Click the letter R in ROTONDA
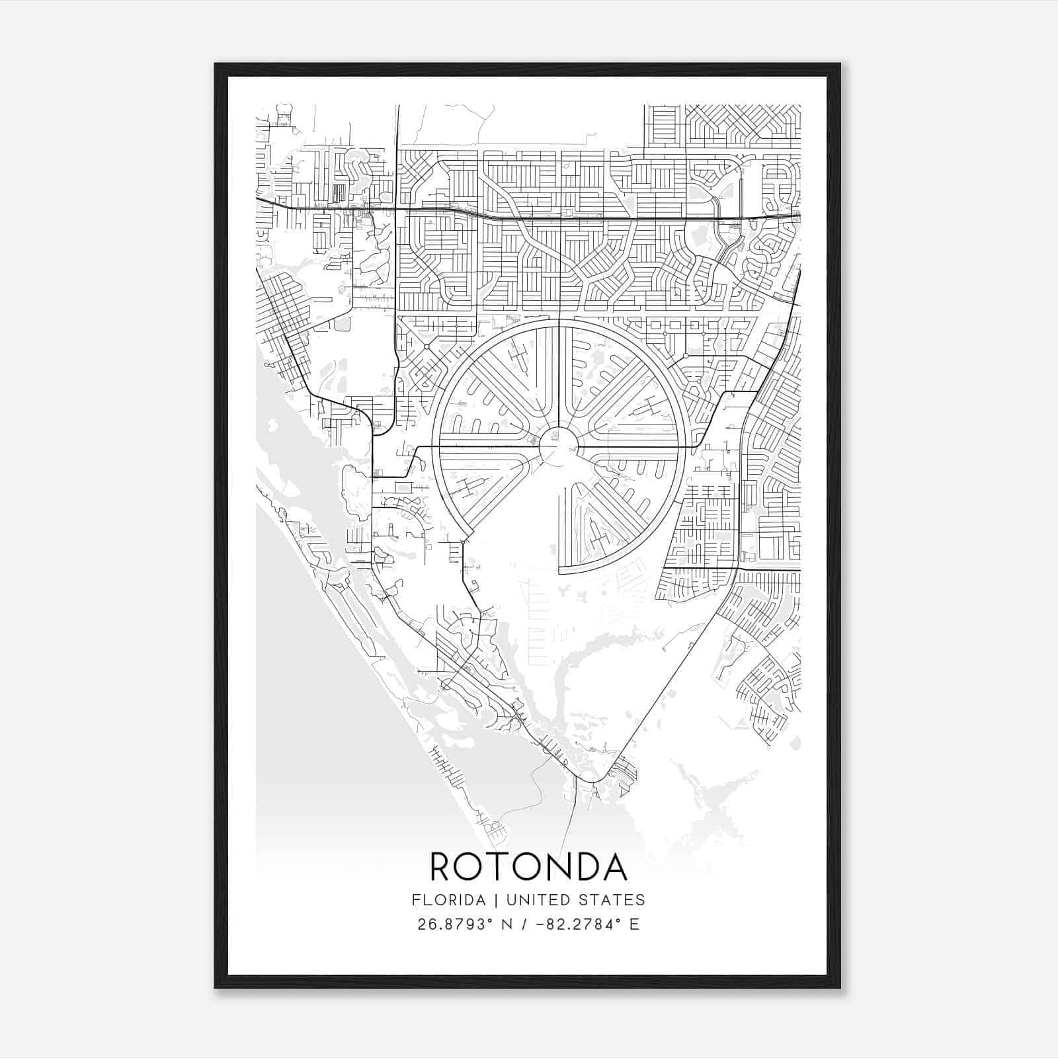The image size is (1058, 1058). point(442,867)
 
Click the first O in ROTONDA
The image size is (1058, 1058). point(472,867)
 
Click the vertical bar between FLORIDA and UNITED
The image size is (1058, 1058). point(489,900)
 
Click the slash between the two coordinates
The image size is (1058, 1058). point(525,924)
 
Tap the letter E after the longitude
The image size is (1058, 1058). point(635,924)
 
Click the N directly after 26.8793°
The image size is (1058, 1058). point(507,924)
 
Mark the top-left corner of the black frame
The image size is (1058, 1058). point(216,64)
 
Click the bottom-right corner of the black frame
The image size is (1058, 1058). point(840,988)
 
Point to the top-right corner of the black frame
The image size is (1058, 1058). point(840,64)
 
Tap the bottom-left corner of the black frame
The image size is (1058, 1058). point(216,988)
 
